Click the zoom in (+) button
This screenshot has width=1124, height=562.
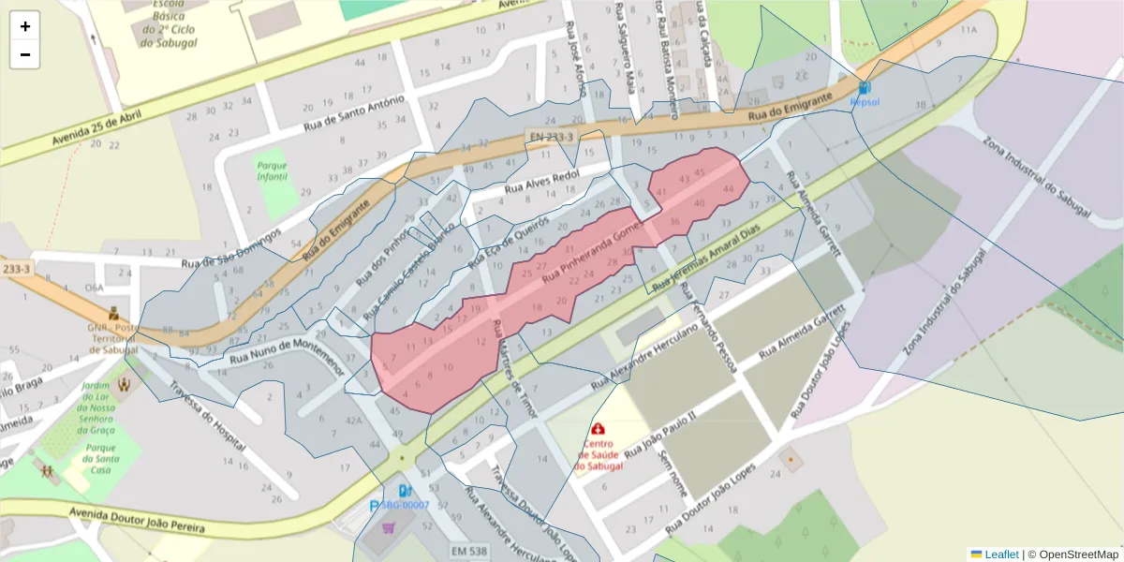tap(25, 26)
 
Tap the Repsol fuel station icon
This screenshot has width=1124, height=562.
tap(864, 87)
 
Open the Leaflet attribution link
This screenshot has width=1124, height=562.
tap(1001, 555)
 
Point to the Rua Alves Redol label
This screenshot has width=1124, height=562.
tap(542, 182)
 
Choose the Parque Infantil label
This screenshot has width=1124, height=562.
tap(272, 171)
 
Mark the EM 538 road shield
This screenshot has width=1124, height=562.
tap(468, 551)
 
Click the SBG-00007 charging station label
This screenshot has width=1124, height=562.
tap(405, 505)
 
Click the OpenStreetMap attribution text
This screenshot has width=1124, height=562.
tap(1077, 555)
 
